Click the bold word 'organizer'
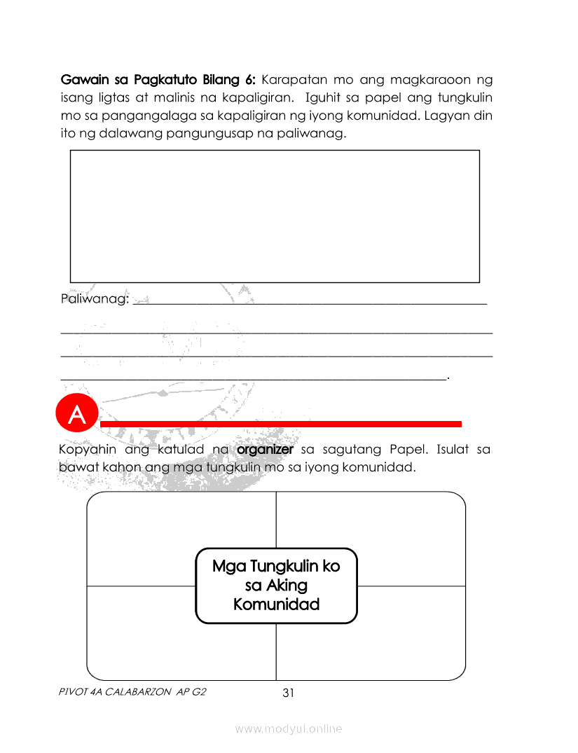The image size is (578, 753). (265, 449)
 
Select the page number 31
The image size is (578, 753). (288, 693)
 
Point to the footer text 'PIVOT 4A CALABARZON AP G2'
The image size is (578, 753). (133, 692)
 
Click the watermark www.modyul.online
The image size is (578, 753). (289, 729)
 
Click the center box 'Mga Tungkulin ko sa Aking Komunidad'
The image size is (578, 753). (276, 586)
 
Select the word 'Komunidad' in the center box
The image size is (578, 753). (276, 605)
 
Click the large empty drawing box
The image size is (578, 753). (275, 216)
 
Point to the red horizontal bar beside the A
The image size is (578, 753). (280, 424)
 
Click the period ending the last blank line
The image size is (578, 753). (448, 378)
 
